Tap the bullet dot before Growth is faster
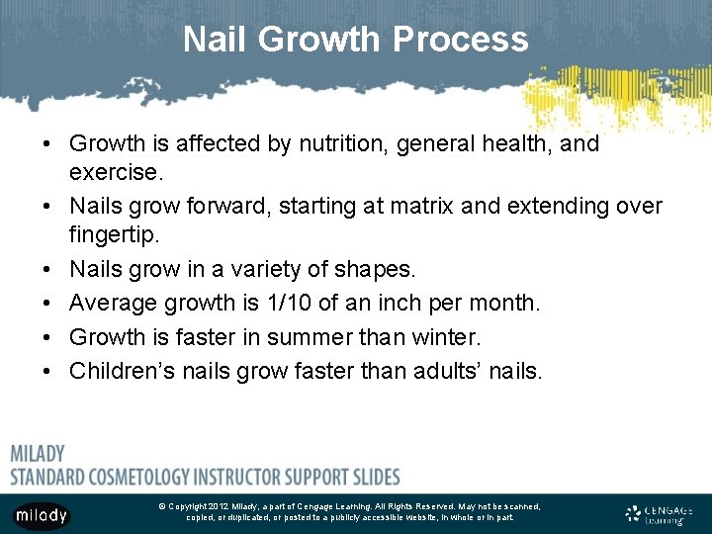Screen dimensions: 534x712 [x=46, y=337]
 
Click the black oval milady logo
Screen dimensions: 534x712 [x=42, y=514]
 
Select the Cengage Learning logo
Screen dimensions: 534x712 [x=659, y=513]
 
